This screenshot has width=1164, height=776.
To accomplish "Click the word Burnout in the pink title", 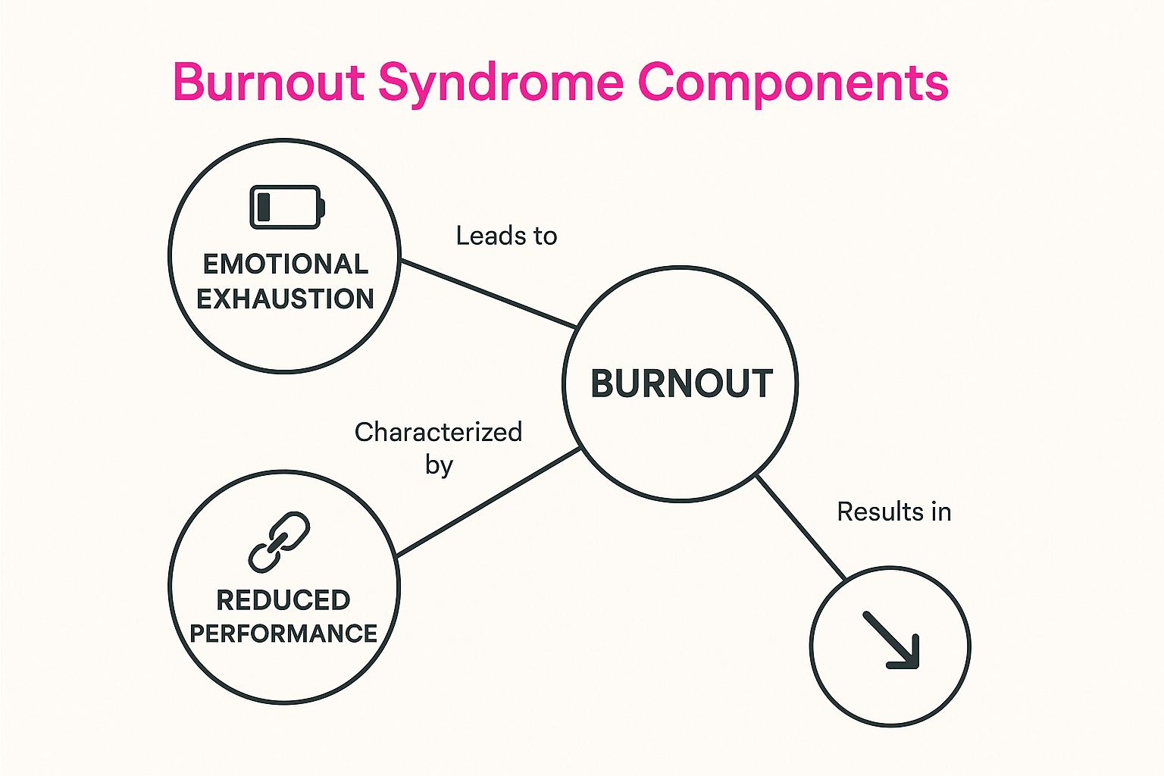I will [x=269, y=81].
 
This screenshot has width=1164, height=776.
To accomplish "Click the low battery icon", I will [x=287, y=206].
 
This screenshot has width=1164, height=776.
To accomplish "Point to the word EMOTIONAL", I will [x=286, y=264].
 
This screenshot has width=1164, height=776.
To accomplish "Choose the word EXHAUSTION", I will [x=286, y=299].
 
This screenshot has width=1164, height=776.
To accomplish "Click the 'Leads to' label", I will [x=506, y=236].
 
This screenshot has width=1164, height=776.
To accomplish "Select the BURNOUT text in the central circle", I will [x=681, y=383].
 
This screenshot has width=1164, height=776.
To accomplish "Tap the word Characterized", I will [x=438, y=432].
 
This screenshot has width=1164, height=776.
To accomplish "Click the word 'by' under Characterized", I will [x=439, y=465].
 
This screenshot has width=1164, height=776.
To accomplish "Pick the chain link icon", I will [x=279, y=541].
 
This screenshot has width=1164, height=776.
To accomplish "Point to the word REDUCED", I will [x=283, y=600].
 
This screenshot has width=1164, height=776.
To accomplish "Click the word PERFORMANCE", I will [x=283, y=633].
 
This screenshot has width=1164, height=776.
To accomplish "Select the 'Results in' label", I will [x=893, y=512].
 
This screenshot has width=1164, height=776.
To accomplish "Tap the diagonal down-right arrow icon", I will [x=891, y=641].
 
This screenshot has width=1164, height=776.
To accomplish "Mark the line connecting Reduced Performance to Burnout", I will [x=489, y=502].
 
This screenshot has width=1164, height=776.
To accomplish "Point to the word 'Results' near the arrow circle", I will [x=875, y=512].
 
